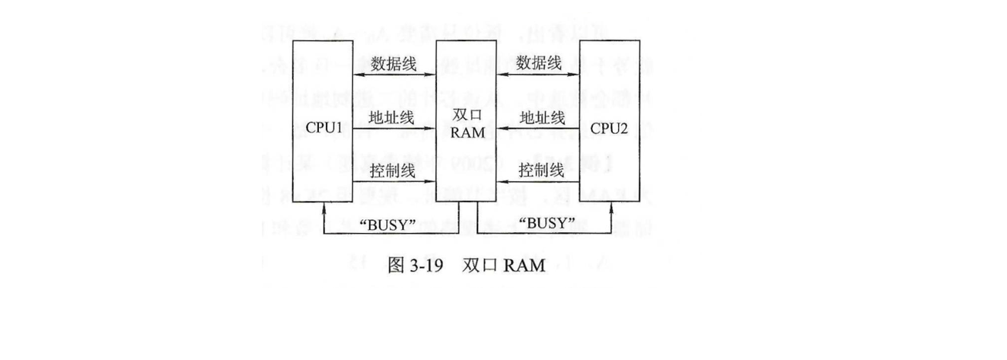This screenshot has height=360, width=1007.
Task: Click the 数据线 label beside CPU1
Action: (393, 63)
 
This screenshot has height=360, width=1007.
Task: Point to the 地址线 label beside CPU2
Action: (541, 117)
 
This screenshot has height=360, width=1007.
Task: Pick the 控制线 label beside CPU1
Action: (392, 170)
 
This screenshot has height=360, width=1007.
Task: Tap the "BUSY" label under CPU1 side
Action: (386, 225)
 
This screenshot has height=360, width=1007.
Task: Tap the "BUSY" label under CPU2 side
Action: (545, 225)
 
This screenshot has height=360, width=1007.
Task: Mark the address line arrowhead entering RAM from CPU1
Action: (430, 129)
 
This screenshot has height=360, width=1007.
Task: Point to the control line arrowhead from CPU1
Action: (430, 182)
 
